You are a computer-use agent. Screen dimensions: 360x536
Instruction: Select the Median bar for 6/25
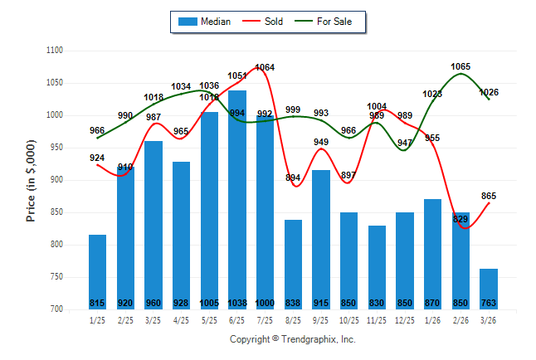236,199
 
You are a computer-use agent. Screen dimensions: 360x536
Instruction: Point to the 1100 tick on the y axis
55,51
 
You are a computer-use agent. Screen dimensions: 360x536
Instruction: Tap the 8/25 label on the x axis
293,319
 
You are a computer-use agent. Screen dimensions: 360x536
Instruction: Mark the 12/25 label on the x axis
404,319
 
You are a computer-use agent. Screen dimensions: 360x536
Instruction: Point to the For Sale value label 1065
461,66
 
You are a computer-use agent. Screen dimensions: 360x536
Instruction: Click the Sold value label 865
489,196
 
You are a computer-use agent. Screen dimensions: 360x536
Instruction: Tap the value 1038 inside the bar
236,303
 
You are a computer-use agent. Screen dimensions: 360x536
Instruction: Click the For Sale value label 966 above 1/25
97,130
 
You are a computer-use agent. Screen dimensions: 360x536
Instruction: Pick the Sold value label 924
97,157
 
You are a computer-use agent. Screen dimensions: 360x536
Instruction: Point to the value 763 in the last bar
488,303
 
